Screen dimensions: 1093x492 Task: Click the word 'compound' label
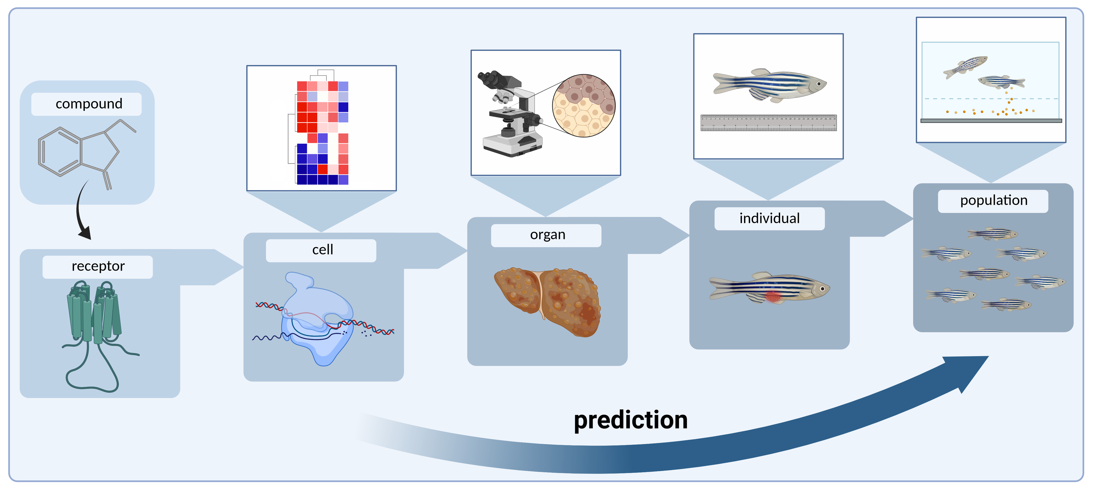point(89,104)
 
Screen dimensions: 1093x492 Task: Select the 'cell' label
point(322,250)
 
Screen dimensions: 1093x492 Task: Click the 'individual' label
point(769,218)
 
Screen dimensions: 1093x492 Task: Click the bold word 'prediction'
point(631,420)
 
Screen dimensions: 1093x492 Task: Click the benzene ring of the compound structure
point(60,151)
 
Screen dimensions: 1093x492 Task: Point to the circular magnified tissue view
point(584,106)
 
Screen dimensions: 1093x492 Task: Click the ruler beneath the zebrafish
point(769,123)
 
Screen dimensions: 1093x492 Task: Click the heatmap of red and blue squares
point(322,133)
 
